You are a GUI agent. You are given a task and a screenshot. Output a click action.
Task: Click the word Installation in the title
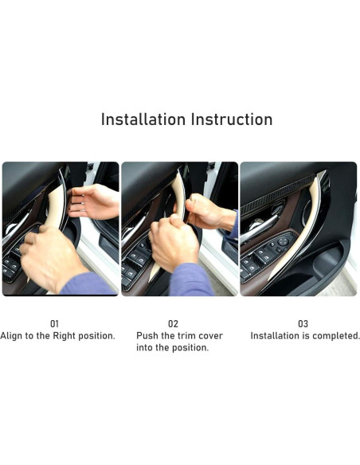point(143,119)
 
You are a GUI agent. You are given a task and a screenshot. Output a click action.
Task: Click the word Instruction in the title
point(232,119)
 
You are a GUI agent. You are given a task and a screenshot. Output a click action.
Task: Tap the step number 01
point(55,323)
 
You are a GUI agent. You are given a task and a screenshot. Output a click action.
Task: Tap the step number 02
point(173,323)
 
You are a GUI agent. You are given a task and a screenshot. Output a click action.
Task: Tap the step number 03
point(303,323)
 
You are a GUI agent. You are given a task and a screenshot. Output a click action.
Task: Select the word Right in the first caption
point(64,336)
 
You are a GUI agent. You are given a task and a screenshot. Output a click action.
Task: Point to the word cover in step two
point(210,336)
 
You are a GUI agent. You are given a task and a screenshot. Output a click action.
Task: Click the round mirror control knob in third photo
point(282,241)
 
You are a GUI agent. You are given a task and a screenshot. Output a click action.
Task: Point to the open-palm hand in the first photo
point(94,201)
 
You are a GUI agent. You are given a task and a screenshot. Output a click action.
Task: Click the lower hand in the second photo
point(173,243)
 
